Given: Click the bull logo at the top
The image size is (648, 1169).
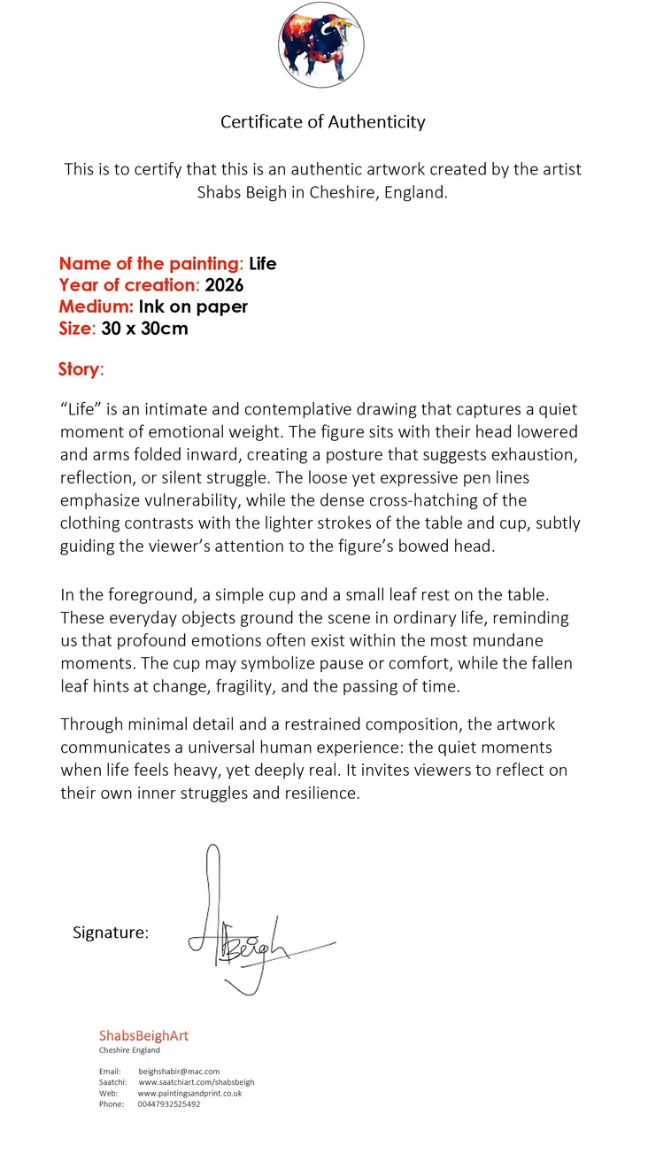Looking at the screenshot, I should tap(321, 45).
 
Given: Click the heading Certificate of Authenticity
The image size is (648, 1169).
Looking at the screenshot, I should tap(323, 122).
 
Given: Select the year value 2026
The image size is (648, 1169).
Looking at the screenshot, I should tap(224, 285).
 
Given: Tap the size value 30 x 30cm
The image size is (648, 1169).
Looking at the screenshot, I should tap(145, 329).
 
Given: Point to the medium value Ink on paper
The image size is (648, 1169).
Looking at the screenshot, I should tap(193, 307).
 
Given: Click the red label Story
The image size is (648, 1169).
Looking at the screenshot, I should tap(81, 369).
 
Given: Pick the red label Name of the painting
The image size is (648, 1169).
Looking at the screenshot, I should tap(150, 264).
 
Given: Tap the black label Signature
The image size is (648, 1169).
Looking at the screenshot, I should tap(111, 933).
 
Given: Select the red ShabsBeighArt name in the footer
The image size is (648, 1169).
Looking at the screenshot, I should tap(143, 1035).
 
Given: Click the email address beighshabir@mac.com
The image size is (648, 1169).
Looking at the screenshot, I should tap(179, 1072).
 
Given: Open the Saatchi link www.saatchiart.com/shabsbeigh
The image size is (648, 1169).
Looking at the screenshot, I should tap(197, 1082).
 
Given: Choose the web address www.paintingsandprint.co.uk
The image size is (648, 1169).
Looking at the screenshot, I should tap(189, 1093).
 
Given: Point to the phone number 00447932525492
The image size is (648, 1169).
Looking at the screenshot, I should tap(169, 1104).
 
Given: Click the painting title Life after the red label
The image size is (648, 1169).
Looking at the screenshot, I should tap(263, 264).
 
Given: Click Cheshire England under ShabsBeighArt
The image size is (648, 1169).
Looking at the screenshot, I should tap(129, 1050).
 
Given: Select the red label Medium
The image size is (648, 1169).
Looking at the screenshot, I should tap(96, 307).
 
